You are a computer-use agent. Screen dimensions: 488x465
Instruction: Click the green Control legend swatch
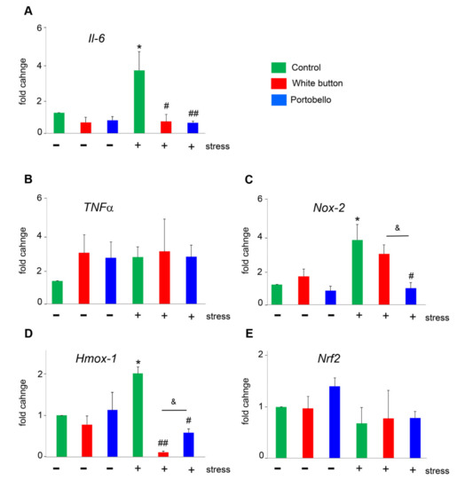click(280, 66)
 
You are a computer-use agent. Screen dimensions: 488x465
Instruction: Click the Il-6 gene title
click(86, 38)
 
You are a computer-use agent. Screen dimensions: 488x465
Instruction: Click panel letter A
click(29, 11)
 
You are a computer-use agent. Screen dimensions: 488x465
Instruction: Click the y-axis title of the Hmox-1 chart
click(25, 417)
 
